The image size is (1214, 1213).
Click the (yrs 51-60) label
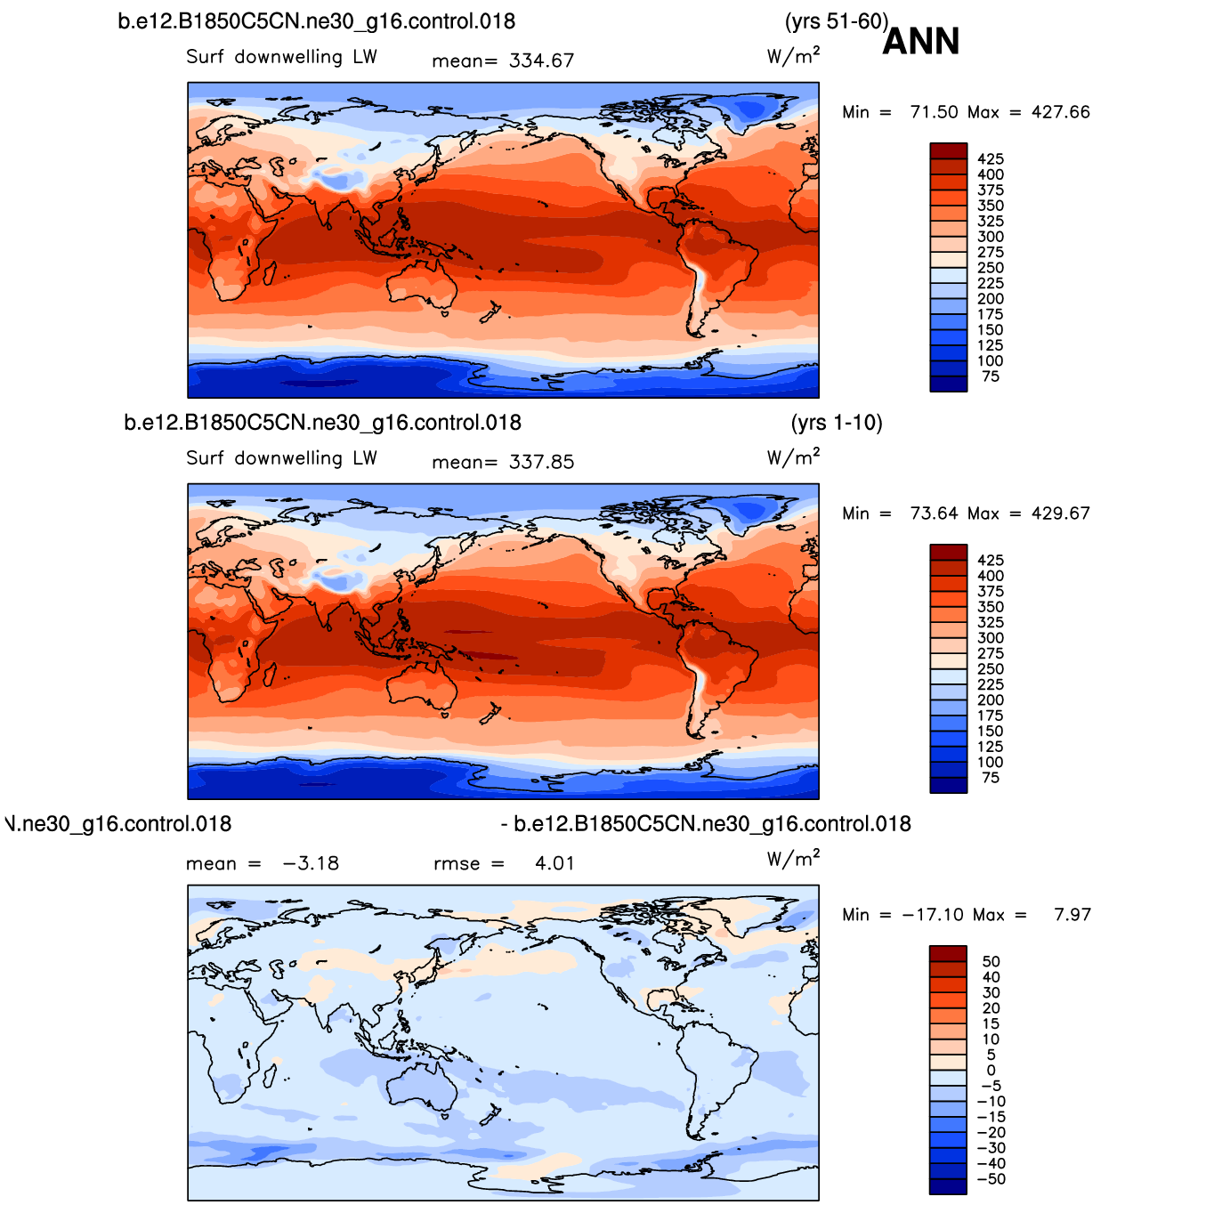[x=836, y=21]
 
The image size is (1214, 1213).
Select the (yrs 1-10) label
[x=836, y=422]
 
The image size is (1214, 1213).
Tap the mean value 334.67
[x=541, y=61]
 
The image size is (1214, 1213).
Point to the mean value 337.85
[x=541, y=462]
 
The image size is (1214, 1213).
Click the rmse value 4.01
[x=554, y=863]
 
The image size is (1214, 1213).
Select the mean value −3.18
[x=312, y=863]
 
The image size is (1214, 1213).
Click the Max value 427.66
[x=1060, y=112]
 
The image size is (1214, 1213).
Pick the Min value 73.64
[x=934, y=514]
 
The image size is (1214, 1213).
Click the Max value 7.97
[x=1072, y=914]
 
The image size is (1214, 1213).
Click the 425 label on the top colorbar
[x=991, y=158]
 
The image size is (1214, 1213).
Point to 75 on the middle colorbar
[x=991, y=778]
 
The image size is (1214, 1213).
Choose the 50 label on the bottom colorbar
[x=991, y=961]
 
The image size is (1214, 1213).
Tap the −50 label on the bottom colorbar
[x=991, y=1179]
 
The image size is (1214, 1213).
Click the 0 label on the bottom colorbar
[x=991, y=1070]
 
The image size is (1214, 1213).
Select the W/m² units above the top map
[x=793, y=55]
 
